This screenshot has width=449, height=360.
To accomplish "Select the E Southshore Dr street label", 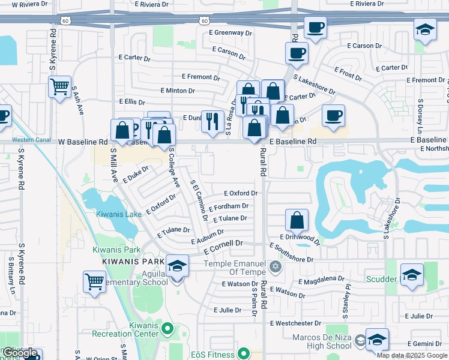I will pyautogui.click(x=292, y=253).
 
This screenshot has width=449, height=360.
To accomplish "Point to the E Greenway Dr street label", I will pyautogui.click(x=231, y=32).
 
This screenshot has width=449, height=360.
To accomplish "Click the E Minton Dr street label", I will pyautogui.click(x=178, y=91).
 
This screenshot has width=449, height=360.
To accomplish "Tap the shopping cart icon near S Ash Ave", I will pyautogui.click(x=59, y=88).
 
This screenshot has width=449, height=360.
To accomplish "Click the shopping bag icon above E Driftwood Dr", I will pyautogui.click(x=297, y=220).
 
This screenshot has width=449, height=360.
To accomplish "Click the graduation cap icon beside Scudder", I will pyautogui.click(x=412, y=275).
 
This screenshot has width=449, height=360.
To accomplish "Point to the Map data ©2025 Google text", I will pyautogui.click(x=412, y=355).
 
